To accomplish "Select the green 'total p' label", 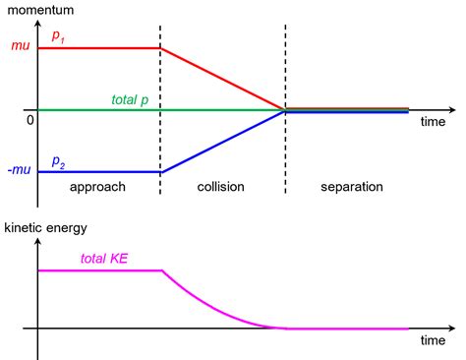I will tap(131, 99).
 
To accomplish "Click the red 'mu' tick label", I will tap(20, 47).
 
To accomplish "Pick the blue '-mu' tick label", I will tap(18, 172).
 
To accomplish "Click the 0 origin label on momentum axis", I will tap(29, 119).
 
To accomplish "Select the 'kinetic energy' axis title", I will tap(47, 227).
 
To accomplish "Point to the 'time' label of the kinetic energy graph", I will tap(434, 341).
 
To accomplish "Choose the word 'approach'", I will tap(98, 186).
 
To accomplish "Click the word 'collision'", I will tap(221, 186).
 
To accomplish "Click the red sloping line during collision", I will tap(223, 79).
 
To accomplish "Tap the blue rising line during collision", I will tap(223, 142).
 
